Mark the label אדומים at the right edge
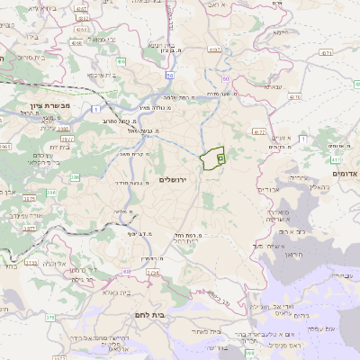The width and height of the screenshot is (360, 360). coord(346,173)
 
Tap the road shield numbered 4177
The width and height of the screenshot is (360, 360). coord(259,131)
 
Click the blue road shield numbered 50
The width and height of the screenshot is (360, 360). coord(170,76)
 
